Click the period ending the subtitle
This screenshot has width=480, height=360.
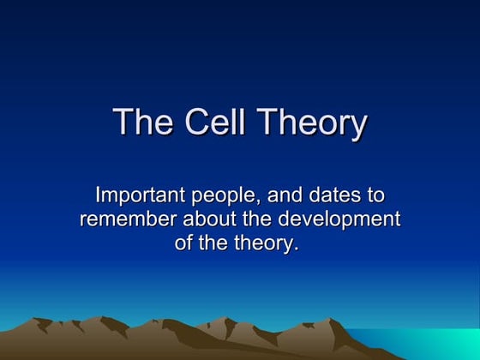pyautogui.click(x=301, y=249)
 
